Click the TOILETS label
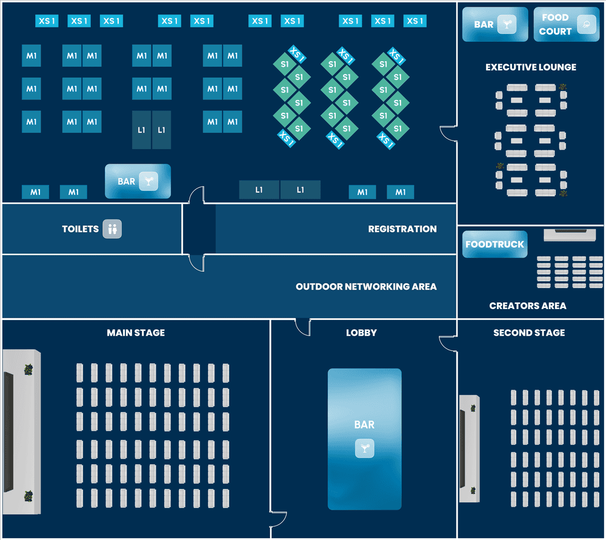pos(80,229)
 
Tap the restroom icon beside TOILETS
pos(112,229)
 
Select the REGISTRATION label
pos(402,229)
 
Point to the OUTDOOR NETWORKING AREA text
pos(366,287)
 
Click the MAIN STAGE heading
pos(136,333)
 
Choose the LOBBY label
pos(361,333)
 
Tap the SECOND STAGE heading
pos(529,333)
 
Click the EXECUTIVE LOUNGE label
pos(531,67)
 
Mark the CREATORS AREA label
pos(528,306)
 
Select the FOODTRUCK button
pos(495,245)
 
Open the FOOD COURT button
pos(567,24)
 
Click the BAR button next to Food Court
pos(495,24)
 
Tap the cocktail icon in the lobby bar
pos(365,448)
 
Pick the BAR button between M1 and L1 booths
pos(138,181)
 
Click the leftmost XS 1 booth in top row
pos(47,21)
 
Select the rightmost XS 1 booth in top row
pos(415,21)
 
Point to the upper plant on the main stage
pos(28,368)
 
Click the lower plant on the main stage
pos(28,496)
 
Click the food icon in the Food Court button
pos(585,25)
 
